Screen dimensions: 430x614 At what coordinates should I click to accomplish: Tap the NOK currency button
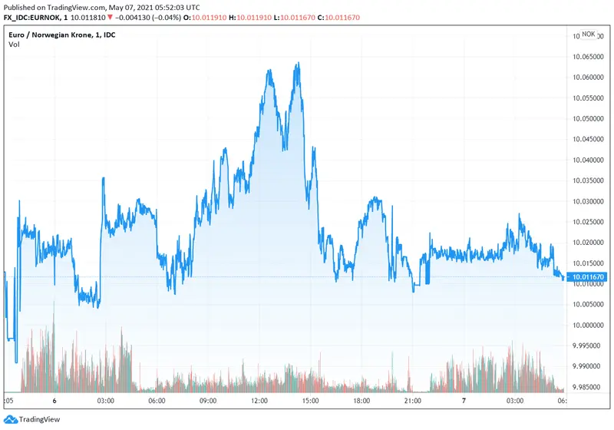[x=588, y=34]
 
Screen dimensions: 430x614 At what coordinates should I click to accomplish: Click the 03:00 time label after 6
[x=106, y=401]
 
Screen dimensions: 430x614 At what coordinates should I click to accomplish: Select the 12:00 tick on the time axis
[x=259, y=401]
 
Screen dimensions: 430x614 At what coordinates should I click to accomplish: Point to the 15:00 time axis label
[x=311, y=401]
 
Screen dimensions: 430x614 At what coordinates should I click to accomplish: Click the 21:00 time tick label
[x=413, y=401]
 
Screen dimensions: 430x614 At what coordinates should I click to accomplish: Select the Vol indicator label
[x=14, y=44]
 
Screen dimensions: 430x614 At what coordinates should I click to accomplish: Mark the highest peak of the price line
[x=297, y=64]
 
